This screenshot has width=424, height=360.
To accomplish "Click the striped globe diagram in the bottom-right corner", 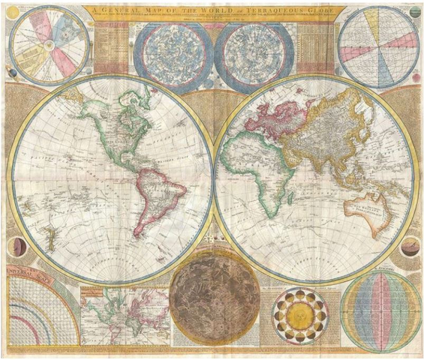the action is tap(380, 312).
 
